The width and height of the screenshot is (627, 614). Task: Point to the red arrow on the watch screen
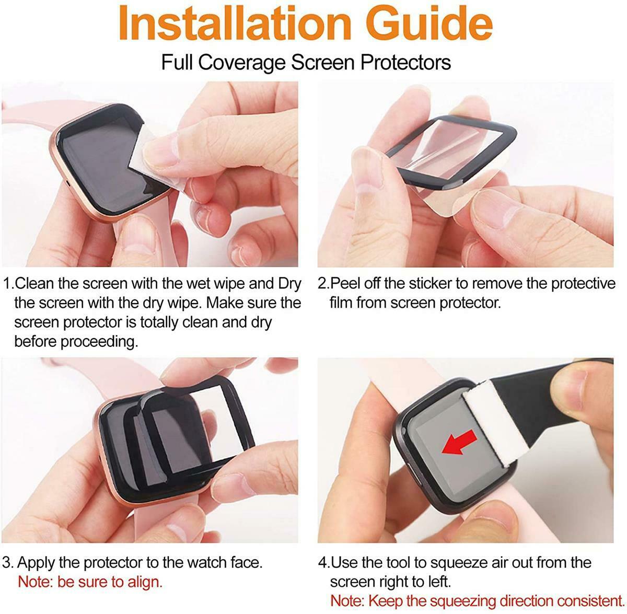459,442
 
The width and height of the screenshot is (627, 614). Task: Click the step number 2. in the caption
323,284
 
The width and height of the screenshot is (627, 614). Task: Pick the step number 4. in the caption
324,563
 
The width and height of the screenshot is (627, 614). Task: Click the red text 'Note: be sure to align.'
90,582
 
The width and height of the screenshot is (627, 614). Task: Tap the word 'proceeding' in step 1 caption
99,342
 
